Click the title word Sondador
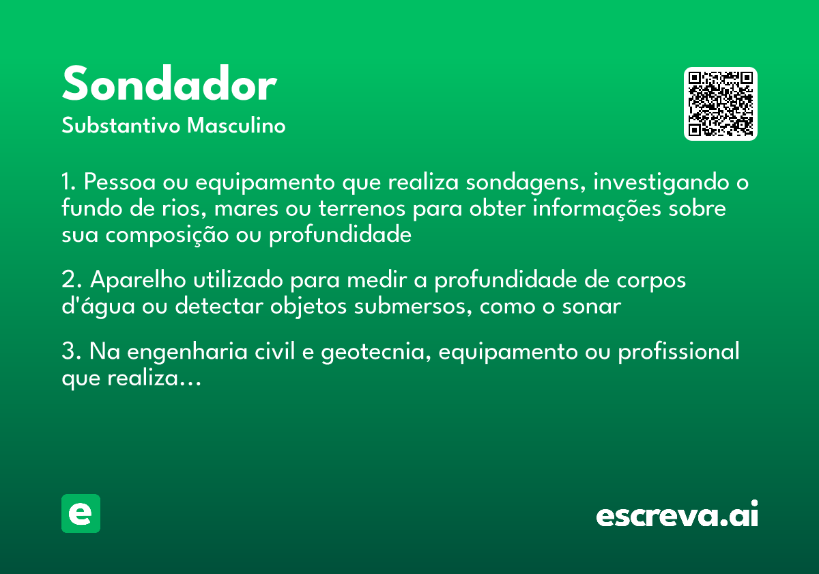[x=169, y=85]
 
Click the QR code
[x=720, y=104]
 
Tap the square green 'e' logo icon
[x=81, y=513]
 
